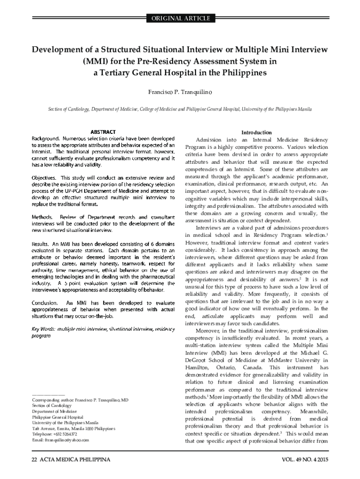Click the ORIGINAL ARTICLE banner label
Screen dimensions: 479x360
pyautogui.click(x=180, y=19)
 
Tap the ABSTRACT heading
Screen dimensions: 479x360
pyautogui.click(x=103, y=132)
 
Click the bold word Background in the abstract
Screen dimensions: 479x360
pyautogui.click(x=45, y=139)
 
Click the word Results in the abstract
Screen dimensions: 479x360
pyautogui.click(x=40, y=244)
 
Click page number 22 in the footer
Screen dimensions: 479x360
pyautogui.click(x=34, y=460)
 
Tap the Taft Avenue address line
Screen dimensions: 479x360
pyautogui.click(x=73, y=428)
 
